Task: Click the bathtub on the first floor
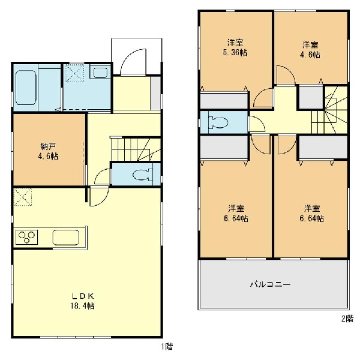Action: coord(26,88)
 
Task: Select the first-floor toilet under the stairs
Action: coord(143,175)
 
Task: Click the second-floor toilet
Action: coord(218,122)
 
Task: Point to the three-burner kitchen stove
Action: coord(26,237)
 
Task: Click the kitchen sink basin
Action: coord(66,238)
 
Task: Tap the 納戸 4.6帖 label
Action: coord(48,151)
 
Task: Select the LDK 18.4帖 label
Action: coord(83,301)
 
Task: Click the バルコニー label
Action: coord(271,284)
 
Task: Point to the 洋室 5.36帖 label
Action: coord(235,48)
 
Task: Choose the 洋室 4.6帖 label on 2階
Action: coord(310,50)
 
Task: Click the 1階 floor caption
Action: coord(167,346)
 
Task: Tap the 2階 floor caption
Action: coord(347,319)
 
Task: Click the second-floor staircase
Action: coord(329,110)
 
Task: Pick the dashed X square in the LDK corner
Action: coord(23,197)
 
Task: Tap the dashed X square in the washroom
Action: coord(74,73)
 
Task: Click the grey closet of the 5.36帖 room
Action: coord(224,100)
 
